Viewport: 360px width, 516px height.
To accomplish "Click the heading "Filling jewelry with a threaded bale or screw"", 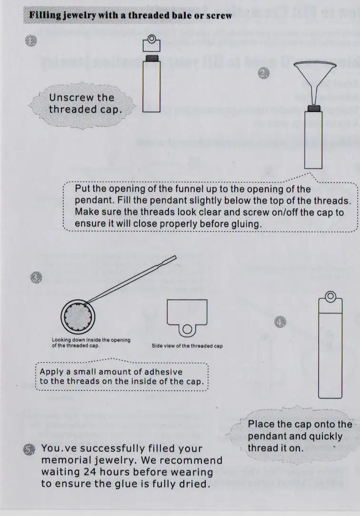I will point(130,15).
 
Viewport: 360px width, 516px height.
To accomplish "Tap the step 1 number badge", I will point(31,42).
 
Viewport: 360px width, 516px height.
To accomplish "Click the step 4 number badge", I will point(280,323).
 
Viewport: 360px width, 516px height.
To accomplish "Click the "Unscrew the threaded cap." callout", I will point(81,103).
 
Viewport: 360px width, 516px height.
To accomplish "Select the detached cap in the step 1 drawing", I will point(151,44).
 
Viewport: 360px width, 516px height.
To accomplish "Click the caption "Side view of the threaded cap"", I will point(187,346).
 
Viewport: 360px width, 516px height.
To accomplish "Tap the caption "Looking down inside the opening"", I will point(90,340).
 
